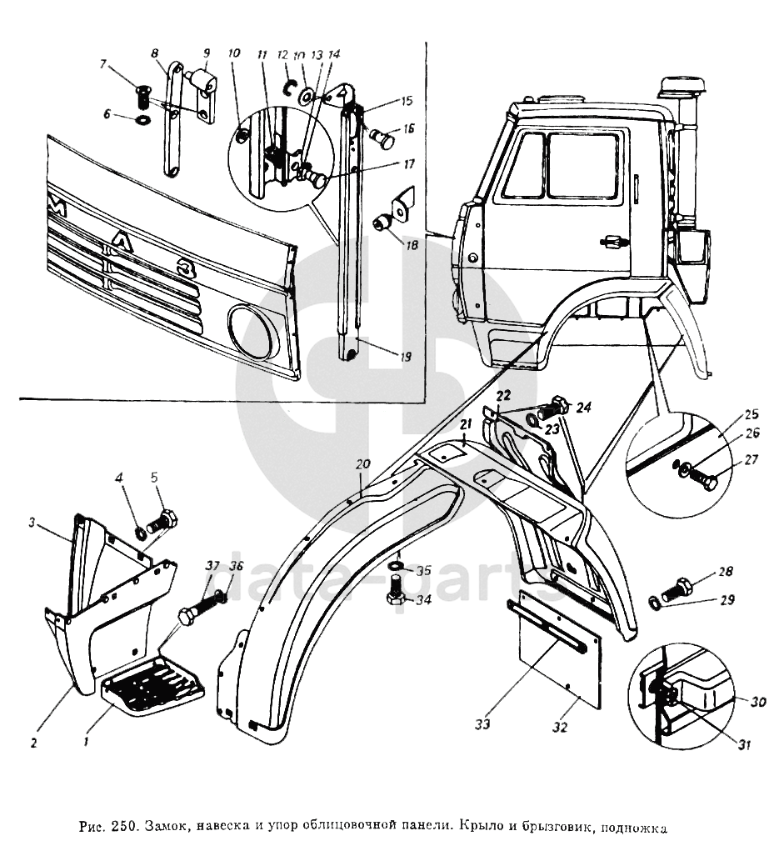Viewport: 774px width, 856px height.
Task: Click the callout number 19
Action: tap(405, 357)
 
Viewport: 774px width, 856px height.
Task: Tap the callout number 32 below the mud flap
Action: tap(559, 727)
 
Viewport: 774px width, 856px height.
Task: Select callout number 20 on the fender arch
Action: tap(361, 465)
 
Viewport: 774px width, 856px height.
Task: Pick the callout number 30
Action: tap(757, 702)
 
